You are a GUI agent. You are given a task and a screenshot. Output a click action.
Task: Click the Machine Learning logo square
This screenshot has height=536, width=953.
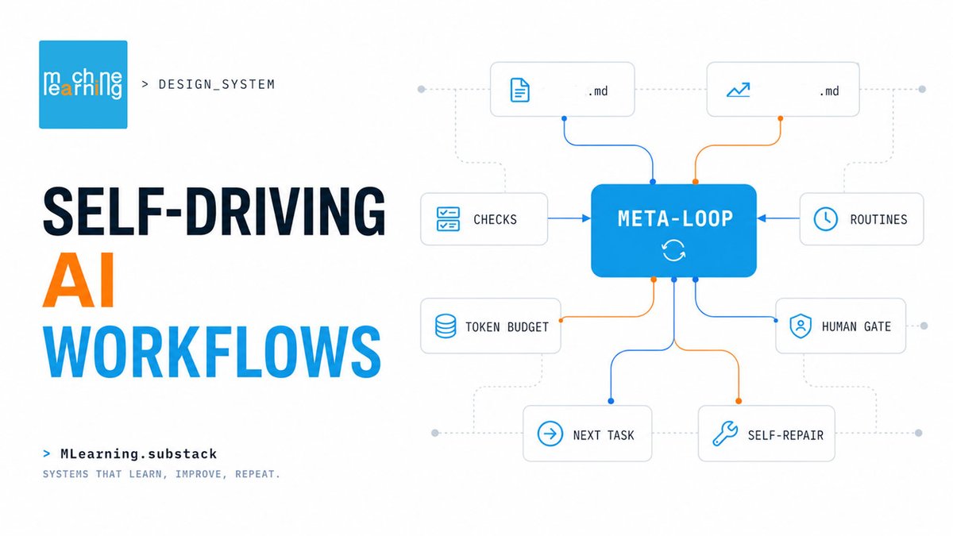83,84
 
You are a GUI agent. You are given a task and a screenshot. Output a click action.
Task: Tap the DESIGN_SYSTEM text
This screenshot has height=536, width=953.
217,84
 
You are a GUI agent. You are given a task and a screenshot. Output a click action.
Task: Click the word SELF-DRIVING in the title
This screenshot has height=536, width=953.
214,211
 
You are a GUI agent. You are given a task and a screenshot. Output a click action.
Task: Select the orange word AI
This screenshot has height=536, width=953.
79,280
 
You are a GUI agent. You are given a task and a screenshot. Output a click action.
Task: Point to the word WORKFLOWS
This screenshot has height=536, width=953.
211,352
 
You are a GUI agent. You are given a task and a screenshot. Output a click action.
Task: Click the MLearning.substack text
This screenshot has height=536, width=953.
139,454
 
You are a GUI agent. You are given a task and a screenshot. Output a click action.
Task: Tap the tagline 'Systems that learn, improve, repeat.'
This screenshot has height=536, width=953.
161,474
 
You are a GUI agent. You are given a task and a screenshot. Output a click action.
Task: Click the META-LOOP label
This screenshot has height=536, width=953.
675,219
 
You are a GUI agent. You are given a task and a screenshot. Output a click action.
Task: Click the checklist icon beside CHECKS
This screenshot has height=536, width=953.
448,219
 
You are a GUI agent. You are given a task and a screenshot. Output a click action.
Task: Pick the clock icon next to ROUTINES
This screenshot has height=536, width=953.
825,219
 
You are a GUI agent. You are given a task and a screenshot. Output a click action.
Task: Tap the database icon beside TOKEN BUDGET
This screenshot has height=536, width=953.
446,326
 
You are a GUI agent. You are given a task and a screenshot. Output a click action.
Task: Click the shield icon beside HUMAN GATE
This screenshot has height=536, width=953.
801,326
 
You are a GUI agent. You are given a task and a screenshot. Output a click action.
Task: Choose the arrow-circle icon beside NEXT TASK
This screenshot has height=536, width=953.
550,434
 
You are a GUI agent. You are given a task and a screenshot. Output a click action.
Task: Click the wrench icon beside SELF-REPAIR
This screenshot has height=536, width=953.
725,434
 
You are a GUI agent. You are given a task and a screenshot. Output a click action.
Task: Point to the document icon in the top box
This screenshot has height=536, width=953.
519,90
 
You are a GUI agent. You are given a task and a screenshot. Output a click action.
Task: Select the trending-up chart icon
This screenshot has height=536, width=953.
738,90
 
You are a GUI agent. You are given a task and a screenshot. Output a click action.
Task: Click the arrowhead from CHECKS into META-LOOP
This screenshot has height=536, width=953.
586,218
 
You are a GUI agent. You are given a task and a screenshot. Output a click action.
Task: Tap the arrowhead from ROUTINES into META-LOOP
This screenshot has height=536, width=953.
762,218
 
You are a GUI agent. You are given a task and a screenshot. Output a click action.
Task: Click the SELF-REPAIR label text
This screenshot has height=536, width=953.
785,435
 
